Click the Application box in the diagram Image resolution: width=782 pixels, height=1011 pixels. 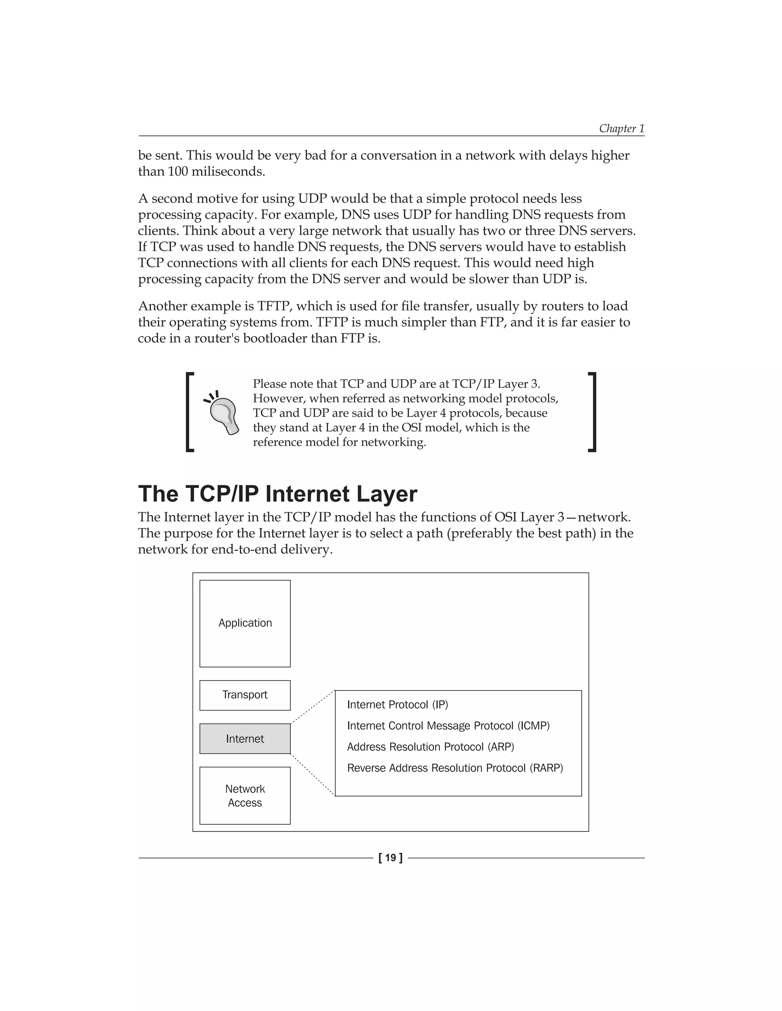tap(245, 623)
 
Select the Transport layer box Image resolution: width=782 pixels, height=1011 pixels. tap(245, 695)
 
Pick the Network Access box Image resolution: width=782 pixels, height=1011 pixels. tap(245, 796)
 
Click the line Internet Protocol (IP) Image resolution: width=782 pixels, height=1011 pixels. tap(397, 705)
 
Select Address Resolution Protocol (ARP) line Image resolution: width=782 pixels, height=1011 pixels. tap(430, 747)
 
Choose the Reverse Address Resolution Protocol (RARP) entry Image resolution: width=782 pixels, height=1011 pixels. tap(455, 768)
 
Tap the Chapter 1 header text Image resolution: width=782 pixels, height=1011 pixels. tap(621, 128)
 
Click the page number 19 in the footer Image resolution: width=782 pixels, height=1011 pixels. tap(391, 858)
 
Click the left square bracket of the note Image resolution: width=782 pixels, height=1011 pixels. tap(189, 412)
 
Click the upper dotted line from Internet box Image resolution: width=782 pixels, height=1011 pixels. tap(312, 707)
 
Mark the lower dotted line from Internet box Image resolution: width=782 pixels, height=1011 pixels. tap(312, 775)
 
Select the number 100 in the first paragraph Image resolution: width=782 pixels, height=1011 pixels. tap(178, 172)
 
